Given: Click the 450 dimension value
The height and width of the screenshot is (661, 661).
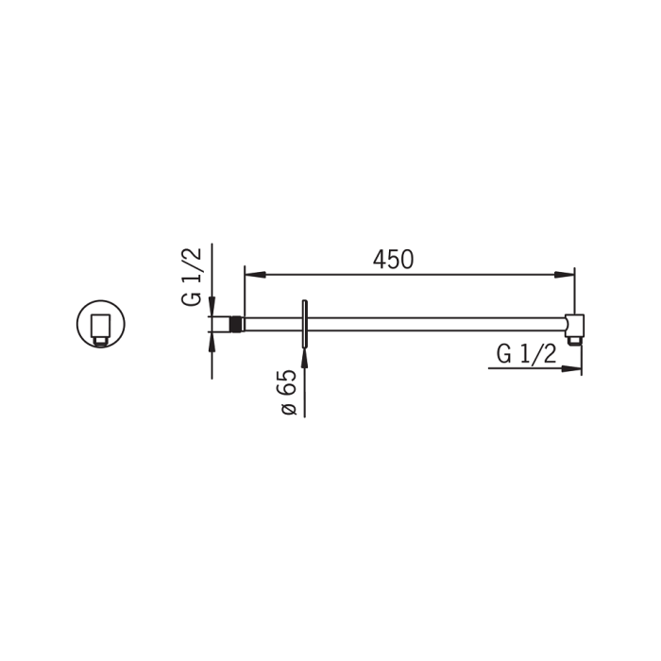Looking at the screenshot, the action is pos(393,260).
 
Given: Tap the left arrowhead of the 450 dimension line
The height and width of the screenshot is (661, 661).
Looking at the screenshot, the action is pos(255,275).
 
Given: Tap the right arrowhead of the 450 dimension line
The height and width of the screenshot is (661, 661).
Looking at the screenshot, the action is pos(564,275).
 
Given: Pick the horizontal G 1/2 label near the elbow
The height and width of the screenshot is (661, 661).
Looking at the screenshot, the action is pos(526,354).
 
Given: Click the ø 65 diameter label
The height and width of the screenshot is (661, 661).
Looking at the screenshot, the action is pos(289,392).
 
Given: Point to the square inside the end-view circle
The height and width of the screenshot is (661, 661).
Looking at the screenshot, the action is pos(100,324).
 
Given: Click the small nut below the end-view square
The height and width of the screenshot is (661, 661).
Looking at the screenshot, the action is pos(100,339).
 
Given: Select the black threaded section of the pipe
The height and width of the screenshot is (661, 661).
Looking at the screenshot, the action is pos(236,324).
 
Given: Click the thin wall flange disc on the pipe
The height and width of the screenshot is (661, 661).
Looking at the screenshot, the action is pos(304,324).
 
